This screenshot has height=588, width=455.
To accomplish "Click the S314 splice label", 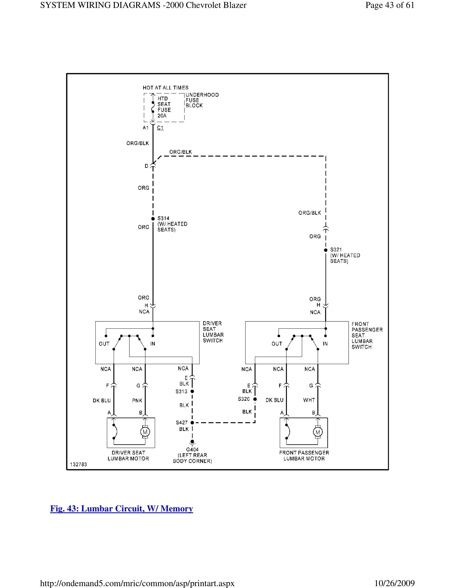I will [163, 218].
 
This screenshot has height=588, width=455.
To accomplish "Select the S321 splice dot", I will [326, 250].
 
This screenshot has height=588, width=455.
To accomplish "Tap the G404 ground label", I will [192, 449].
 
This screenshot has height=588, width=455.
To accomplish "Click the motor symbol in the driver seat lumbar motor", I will [145, 432].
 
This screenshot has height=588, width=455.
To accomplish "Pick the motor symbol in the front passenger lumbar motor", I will [317, 432].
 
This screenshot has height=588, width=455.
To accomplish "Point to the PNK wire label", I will [137, 400].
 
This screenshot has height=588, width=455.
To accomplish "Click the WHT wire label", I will [309, 400].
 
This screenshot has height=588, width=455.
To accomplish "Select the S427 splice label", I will [181, 422].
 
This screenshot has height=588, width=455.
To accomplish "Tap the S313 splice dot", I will [192, 391].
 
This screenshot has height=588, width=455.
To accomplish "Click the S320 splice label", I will [244, 399].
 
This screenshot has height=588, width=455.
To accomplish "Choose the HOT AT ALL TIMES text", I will [165, 88].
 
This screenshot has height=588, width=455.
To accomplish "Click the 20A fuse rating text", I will [162, 116].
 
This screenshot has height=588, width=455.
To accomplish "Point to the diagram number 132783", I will [78, 465].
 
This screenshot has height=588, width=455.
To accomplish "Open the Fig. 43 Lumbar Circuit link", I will [122, 509].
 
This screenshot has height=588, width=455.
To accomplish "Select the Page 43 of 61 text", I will [389, 5].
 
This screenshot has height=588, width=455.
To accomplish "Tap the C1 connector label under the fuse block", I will [160, 127].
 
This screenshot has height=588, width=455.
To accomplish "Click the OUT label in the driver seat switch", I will [104, 344].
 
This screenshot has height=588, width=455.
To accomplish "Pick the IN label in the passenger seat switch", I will [325, 344].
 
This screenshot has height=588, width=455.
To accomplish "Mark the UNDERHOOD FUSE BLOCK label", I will [202, 100].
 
